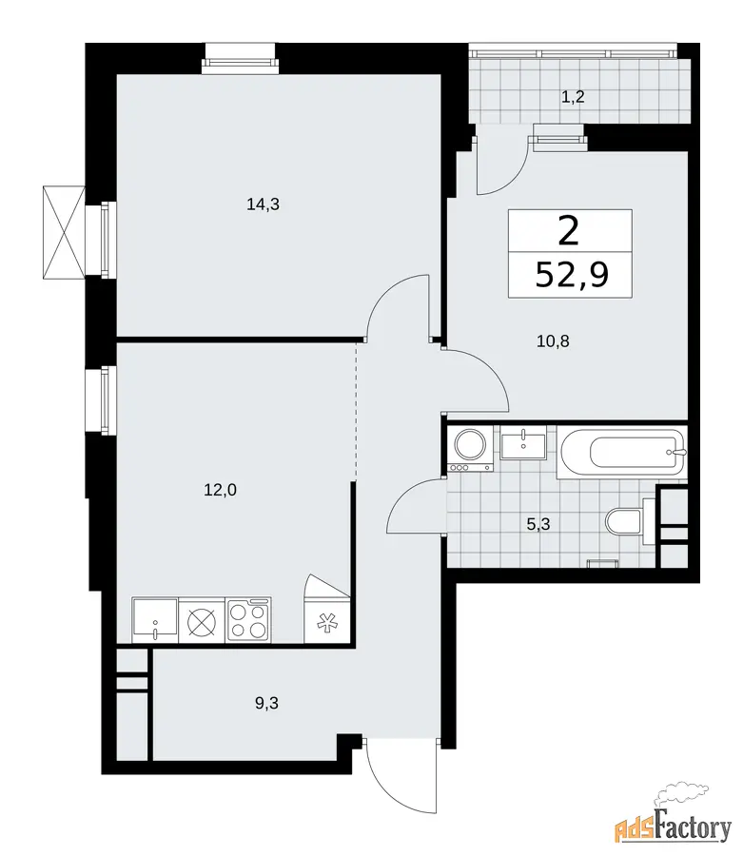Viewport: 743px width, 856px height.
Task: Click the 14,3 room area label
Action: [264, 204]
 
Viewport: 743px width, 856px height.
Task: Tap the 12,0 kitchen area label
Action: [220, 490]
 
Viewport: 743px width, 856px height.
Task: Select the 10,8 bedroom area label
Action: [553, 341]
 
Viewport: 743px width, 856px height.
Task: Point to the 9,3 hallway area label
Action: [266, 703]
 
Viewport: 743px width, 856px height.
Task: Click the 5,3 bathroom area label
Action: [538, 525]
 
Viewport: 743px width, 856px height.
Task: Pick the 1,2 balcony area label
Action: [574, 97]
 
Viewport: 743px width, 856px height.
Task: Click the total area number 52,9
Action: [572, 275]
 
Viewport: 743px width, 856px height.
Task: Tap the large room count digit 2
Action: [569, 231]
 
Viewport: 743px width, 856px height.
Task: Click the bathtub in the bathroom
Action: [621, 454]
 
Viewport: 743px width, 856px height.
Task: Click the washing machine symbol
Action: [471, 449]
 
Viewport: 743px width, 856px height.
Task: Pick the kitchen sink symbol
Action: [155, 621]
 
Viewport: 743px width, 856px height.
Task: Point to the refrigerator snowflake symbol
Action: [326, 623]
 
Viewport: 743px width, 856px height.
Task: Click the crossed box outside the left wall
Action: [65, 232]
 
